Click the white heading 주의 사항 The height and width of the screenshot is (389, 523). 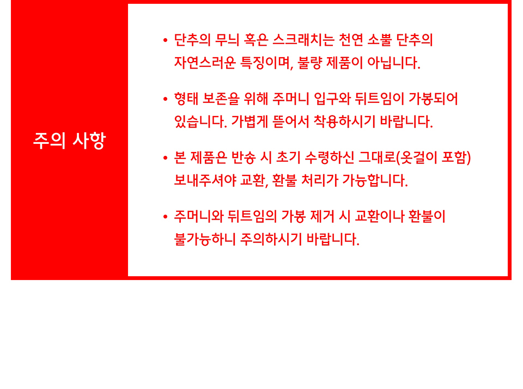(69, 141)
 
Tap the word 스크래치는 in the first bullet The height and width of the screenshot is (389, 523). (303, 40)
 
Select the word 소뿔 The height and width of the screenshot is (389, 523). (380, 40)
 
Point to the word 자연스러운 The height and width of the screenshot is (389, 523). (205, 63)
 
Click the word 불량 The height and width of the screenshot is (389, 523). (309, 63)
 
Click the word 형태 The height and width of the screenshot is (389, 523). (186, 99)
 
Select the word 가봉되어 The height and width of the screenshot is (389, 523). (433, 99)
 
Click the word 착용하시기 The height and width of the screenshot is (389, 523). (344, 121)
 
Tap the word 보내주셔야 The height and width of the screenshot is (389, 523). (205, 180)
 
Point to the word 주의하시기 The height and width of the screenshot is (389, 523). (271, 239)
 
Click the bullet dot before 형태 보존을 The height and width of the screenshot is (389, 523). (166, 99)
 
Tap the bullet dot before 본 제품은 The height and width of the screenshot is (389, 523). (166, 158)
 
